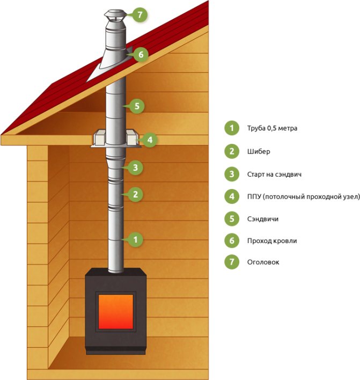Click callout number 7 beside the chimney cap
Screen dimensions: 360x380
tap(140, 15)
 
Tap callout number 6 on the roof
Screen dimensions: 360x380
tap(141, 54)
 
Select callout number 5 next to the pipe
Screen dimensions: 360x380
tap(137, 106)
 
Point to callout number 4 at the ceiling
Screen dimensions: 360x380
tap(150, 140)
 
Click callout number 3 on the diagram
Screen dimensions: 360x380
tap(135, 167)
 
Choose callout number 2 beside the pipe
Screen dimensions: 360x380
tap(135, 194)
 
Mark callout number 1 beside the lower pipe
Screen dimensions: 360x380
tap(135, 239)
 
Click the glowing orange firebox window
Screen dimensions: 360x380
tap(116, 312)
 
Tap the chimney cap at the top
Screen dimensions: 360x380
tap(115, 17)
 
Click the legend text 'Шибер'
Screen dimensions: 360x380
tap(259, 151)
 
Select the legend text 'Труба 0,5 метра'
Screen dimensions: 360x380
tap(272, 128)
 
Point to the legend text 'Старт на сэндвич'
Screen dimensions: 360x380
tap(274, 174)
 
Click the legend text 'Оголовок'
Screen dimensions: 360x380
tap(263, 262)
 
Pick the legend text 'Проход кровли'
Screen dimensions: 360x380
tap(272, 241)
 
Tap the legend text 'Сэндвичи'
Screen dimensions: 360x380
tap(262, 219)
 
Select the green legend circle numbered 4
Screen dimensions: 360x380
tap(232, 196)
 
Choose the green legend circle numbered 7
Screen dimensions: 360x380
tap(232, 262)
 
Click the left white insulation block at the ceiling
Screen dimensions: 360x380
tap(100, 138)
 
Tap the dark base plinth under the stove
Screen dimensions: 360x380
tap(116, 350)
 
